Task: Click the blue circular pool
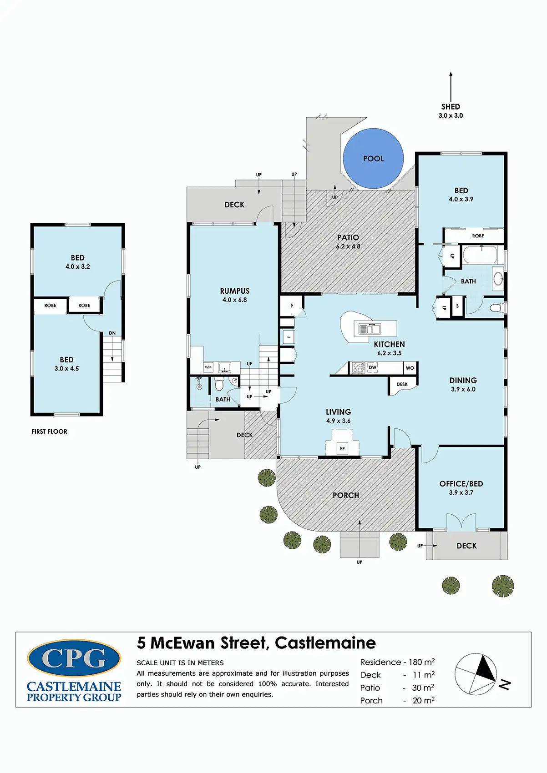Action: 373,158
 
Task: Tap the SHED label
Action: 451,106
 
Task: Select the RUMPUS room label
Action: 235,291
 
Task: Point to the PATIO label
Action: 348,237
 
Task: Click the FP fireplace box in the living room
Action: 342,449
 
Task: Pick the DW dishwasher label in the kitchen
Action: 372,367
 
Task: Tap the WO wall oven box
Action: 410,368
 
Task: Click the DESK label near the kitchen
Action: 402,384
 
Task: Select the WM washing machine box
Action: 208,367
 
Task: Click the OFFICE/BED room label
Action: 461,484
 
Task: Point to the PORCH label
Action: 346,495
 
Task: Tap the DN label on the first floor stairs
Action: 112,333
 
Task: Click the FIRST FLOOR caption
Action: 50,432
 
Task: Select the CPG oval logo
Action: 74,658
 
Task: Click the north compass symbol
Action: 476,674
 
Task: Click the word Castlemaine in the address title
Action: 325,643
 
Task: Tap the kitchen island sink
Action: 369,328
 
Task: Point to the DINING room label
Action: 463,380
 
